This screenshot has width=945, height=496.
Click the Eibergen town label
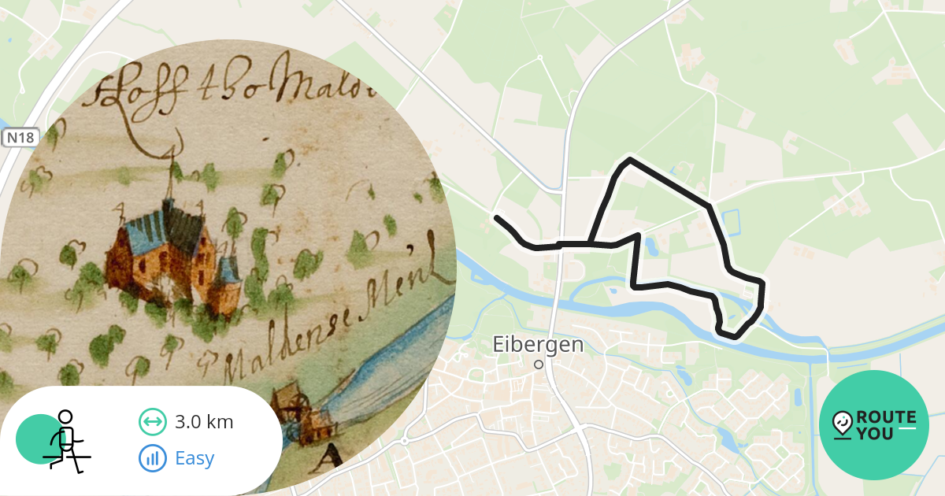(x=538, y=345)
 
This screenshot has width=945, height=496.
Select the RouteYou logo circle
(x=873, y=425)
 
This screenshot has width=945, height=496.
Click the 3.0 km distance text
(x=204, y=422)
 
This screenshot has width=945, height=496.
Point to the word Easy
(x=195, y=458)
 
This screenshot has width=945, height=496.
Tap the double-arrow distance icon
(x=153, y=422)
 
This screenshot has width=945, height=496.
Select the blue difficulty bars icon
(x=153, y=458)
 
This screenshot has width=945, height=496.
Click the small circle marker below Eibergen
(x=539, y=365)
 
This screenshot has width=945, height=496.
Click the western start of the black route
(x=497, y=217)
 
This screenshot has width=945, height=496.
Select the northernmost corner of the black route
(x=629, y=160)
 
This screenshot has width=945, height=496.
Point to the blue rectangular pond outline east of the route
(x=732, y=224)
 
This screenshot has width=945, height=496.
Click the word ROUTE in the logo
(x=885, y=417)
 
